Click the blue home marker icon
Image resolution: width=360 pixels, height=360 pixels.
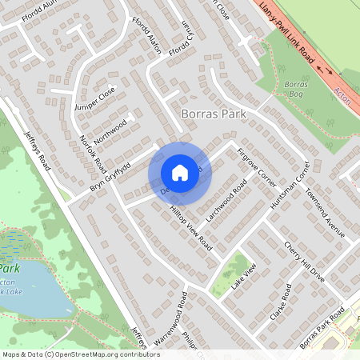[x=180, y=172]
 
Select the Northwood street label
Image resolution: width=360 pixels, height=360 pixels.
[x=110, y=128]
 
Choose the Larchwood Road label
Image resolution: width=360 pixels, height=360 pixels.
[x=229, y=204]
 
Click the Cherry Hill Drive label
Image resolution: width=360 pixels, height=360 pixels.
[x=304, y=260]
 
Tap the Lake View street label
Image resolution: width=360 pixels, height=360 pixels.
[x=243, y=276]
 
